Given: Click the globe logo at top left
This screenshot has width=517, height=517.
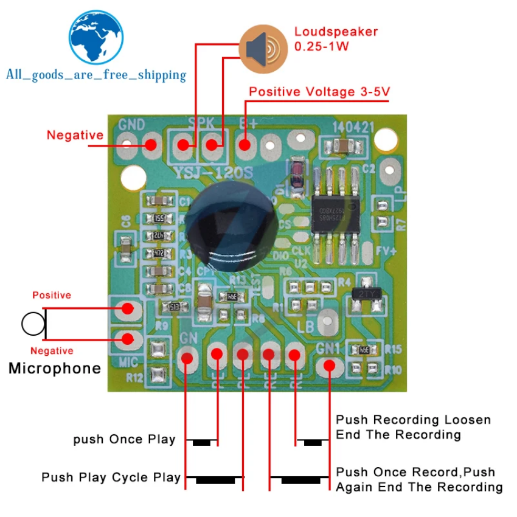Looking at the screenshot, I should pyautogui.click(x=97, y=37).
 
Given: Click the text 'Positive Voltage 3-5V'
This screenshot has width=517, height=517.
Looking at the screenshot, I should pyautogui.click(x=319, y=92).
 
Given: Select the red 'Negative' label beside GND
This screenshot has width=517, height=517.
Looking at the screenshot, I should pyautogui.click(x=75, y=135).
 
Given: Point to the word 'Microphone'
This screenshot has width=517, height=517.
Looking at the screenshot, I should pyautogui.click(x=55, y=368).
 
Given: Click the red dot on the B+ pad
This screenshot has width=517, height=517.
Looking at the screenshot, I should pyautogui.click(x=245, y=145).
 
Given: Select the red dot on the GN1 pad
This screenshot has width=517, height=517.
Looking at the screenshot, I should pyautogui.click(x=329, y=366).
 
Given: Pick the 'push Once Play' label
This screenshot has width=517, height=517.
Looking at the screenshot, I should pyautogui.click(x=125, y=439).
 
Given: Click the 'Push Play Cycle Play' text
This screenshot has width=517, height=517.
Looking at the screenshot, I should pyautogui.click(x=111, y=477).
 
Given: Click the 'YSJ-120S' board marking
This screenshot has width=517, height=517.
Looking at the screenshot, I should pyautogui.click(x=212, y=173).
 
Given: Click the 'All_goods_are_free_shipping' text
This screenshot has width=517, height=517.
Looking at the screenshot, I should pyautogui.click(x=96, y=75).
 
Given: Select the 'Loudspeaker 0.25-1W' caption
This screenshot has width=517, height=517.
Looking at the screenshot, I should pyautogui.click(x=336, y=39).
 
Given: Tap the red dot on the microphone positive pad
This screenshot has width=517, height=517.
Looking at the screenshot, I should pyautogui.click(x=127, y=308).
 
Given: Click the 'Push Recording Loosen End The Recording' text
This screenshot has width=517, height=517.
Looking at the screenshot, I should pyautogui.click(x=414, y=427).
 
